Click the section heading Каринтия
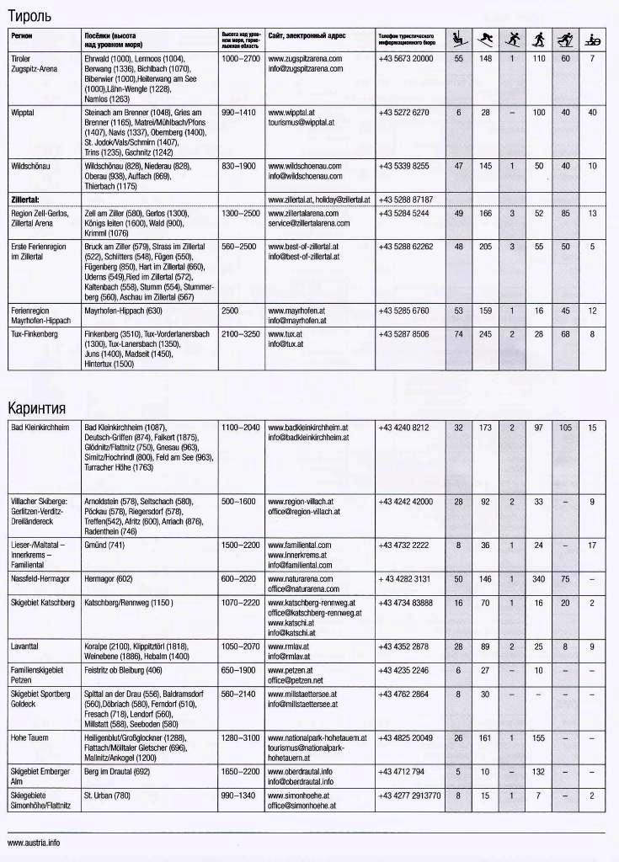[37, 408]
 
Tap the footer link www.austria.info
[34, 842]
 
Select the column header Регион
[22, 37]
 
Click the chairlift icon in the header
[459, 38]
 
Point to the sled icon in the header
[593, 38]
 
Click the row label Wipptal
[24, 112]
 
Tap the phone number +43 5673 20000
[406, 59]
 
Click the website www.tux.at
[285, 334]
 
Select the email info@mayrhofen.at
[296, 321]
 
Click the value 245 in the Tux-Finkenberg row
[486, 334]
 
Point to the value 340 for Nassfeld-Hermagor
[538, 579]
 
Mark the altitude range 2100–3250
[241, 334]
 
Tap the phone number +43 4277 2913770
[409, 795]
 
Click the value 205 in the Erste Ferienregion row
[486, 247]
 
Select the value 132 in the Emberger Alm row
[538, 771]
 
